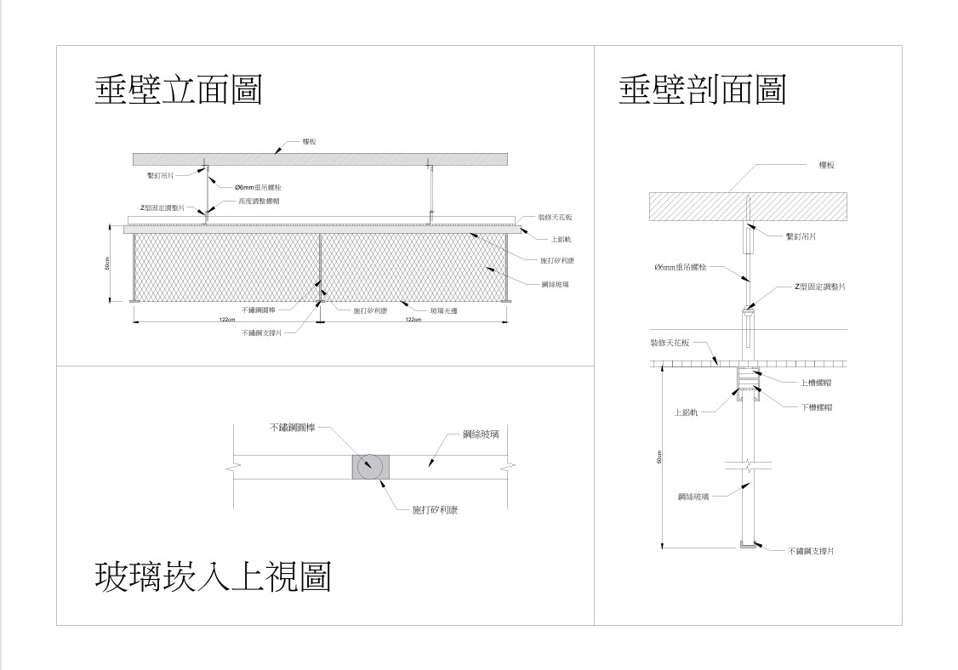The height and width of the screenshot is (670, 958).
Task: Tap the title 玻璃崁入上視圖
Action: coord(212,577)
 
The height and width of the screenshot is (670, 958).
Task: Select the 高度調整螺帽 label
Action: coord(259,202)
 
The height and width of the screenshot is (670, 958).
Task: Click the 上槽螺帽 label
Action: coord(816,383)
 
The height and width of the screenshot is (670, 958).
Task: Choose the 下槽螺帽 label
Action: coord(816,407)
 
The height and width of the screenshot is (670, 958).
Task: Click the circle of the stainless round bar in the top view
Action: coord(370,467)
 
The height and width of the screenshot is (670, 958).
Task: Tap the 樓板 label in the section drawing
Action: coord(826,165)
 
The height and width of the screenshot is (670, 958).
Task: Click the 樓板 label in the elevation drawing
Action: coord(310,142)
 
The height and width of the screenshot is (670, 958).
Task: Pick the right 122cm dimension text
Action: coord(413,320)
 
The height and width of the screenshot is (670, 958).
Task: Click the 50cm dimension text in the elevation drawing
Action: coord(107,264)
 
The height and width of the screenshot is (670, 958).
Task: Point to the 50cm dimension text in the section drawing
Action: coord(659,457)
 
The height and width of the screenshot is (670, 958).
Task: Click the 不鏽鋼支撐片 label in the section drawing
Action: coord(810,551)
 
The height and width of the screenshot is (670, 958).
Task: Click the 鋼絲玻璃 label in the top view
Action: coord(481,434)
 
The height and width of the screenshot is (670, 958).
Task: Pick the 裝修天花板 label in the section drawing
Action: coord(670,344)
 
